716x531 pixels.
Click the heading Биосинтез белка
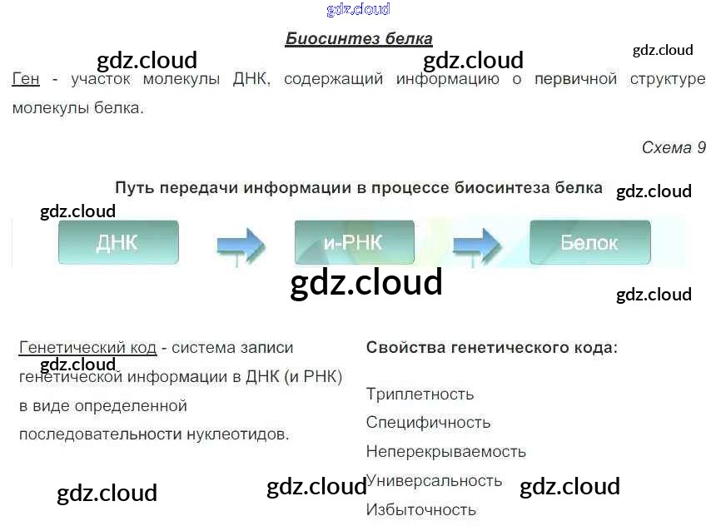pos(359,38)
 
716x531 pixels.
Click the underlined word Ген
pos(26,80)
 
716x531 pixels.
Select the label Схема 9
pos(673,147)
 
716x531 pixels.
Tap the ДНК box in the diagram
pos(118,242)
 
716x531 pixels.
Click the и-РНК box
pos(354,242)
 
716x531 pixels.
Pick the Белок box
pos(589,242)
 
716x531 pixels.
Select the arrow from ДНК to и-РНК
pos(240,245)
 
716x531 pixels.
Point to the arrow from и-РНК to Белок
pos(475,245)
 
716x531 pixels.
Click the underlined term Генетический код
pos(87,347)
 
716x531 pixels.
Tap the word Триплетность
pos(420,394)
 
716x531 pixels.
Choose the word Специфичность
pos(428,423)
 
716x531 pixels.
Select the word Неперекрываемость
pos(446,452)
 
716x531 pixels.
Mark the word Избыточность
pos(421,509)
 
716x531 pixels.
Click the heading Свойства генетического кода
pos(492,347)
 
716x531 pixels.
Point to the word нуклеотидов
pos(245,434)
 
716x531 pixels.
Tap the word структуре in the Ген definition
pos(667,80)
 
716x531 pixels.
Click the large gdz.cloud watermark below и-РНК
pos(366,283)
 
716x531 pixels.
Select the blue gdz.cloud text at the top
pos(358,10)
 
